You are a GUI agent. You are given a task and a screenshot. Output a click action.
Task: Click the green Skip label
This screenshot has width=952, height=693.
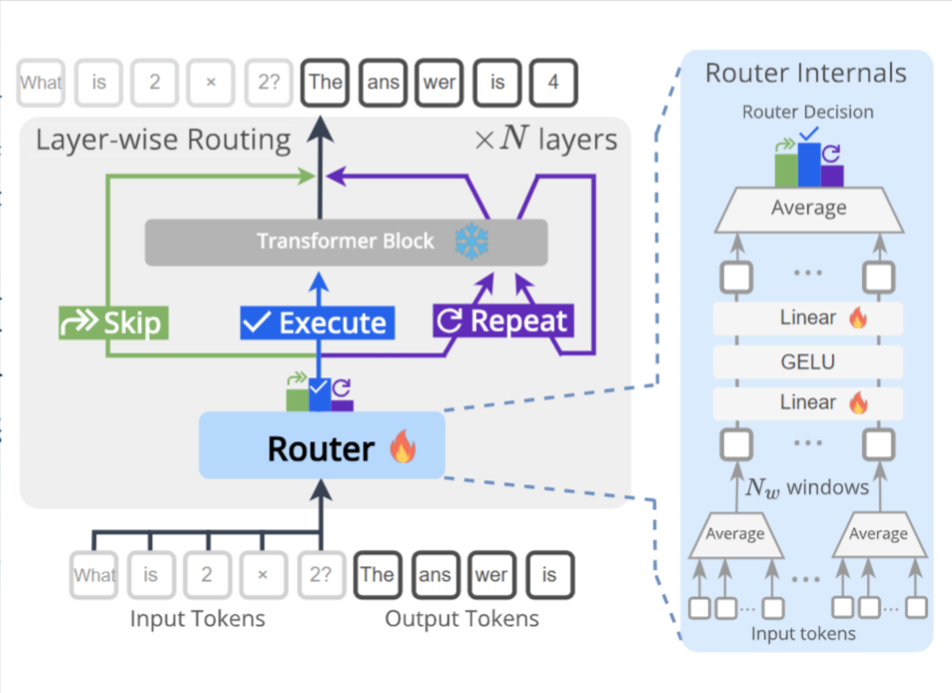click(110, 323)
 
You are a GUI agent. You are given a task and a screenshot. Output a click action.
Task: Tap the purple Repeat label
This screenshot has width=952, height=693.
click(503, 322)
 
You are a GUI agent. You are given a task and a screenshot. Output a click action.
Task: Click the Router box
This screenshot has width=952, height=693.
click(321, 445)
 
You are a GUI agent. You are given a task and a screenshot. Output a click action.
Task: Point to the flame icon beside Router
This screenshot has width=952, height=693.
click(402, 447)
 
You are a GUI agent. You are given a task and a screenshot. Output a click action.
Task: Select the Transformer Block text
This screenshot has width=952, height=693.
click(345, 242)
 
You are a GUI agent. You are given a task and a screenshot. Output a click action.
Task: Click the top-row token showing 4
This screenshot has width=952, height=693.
click(552, 83)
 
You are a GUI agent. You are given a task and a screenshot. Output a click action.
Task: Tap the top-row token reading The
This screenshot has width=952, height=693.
click(326, 83)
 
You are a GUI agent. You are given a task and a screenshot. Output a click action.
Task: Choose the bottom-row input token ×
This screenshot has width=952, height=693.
click(263, 575)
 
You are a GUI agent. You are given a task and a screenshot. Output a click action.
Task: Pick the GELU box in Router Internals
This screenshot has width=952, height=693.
click(807, 360)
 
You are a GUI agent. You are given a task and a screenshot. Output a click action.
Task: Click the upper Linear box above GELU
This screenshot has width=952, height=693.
click(807, 319)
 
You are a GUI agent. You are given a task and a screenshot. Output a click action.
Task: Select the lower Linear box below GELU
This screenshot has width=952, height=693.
click(807, 402)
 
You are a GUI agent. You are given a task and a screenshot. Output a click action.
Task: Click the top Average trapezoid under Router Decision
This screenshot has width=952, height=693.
click(808, 209)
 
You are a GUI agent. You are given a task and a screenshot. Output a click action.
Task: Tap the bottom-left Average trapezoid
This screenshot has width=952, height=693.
click(735, 534)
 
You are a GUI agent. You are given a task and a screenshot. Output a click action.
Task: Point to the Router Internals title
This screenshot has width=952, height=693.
click(805, 73)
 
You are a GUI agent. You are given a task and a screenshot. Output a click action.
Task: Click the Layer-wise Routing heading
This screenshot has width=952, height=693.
click(163, 140)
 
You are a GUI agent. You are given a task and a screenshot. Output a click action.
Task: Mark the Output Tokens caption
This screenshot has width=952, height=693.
click(462, 619)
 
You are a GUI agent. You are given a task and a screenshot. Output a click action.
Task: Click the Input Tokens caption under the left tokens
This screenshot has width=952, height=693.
click(198, 619)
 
